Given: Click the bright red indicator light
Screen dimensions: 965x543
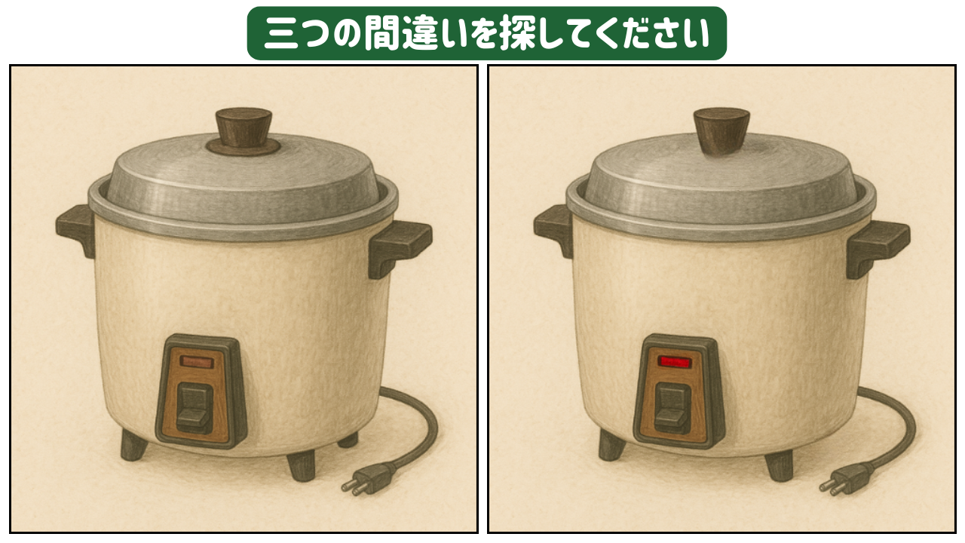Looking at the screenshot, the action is pyautogui.click(x=675, y=361).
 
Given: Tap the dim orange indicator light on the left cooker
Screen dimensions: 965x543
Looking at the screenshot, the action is pyautogui.click(x=197, y=361).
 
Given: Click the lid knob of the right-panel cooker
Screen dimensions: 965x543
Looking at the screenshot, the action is pyautogui.click(x=721, y=131).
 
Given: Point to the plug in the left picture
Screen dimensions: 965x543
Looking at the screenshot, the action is pyautogui.click(x=369, y=479).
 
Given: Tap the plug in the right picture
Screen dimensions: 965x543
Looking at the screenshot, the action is pyautogui.click(x=847, y=479).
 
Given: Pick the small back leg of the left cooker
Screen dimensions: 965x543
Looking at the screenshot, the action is pyautogui.click(x=348, y=440).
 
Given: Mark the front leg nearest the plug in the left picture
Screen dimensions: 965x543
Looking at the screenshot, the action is pyautogui.click(x=301, y=465).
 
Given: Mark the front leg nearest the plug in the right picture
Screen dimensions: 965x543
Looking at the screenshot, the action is pyautogui.click(x=780, y=465).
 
